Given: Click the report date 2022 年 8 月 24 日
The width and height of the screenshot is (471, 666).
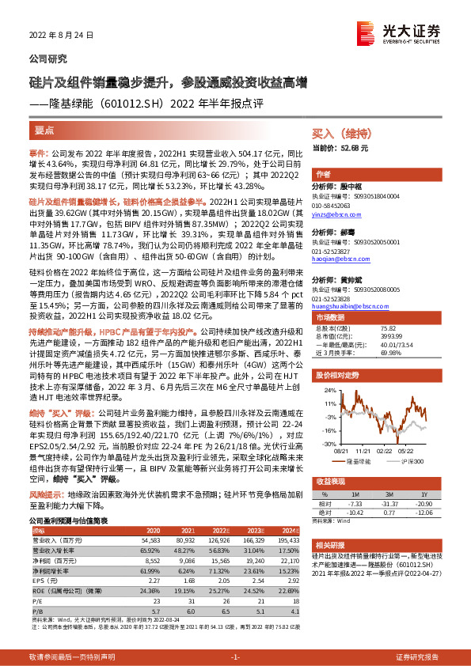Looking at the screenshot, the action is pos(61,36).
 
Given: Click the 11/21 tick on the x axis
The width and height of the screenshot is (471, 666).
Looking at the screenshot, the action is pos(363,449).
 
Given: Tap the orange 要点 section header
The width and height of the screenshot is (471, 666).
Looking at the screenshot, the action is pos(45,129).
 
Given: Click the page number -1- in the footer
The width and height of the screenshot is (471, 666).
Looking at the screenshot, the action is pos(235,657).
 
